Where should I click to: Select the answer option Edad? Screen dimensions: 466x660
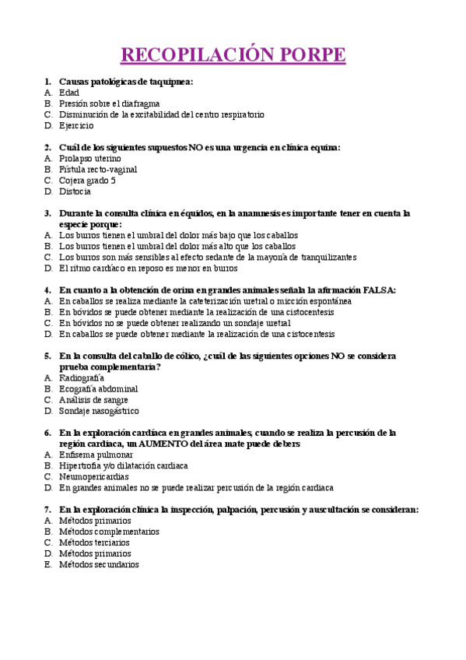(x=69, y=92)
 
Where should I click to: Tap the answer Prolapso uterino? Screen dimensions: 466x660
(x=90, y=158)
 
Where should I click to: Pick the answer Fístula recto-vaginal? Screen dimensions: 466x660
(x=98, y=169)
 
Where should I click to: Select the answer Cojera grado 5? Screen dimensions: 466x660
(x=87, y=180)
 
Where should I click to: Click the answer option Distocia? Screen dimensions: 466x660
(x=75, y=191)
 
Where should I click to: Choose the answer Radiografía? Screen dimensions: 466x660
(x=82, y=377)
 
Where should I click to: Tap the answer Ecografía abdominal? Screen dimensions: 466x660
(x=99, y=388)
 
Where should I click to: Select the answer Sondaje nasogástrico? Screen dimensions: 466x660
(x=99, y=410)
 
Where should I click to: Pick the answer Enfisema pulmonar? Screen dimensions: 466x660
(x=96, y=455)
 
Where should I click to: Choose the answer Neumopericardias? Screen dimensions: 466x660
(x=94, y=476)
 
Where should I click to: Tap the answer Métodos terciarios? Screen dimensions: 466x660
(x=94, y=542)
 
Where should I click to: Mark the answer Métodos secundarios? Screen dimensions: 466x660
(x=99, y=564)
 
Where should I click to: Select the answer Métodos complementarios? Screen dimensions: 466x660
(x=109, y=532)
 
